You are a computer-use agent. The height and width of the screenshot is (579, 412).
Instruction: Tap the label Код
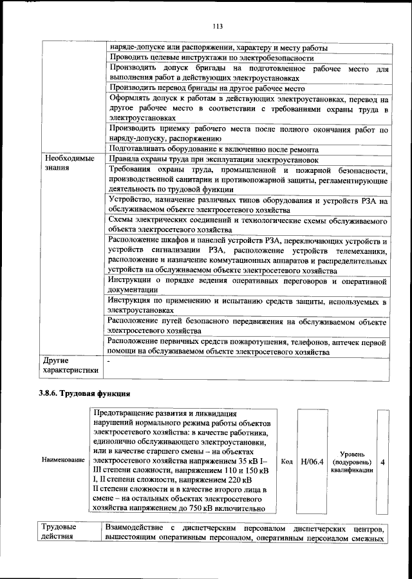pyautogui.click(x=288, y=461)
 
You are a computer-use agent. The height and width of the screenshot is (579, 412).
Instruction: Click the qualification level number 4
pyautogui.click(x=384, y=461)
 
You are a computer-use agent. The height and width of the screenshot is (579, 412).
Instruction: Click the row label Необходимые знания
pyautogui.click(x=68, y=163)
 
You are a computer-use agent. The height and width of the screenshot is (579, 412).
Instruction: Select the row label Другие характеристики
pyautogui.click(x=70, y=366)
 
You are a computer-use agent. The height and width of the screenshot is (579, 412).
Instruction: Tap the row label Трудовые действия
pyautogui.click(x=58, y=532)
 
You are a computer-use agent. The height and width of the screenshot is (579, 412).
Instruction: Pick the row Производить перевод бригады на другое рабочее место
pyautogui.click(x=207, y=88)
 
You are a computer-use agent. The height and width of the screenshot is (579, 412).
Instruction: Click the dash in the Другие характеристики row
pyautogui.click(x=110, y=362)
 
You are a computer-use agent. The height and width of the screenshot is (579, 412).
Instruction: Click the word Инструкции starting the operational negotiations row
pyautogui.click(x=129, y=281)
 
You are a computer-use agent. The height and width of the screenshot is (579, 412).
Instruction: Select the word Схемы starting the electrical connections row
pyautogui.click(x=122, y=220)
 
